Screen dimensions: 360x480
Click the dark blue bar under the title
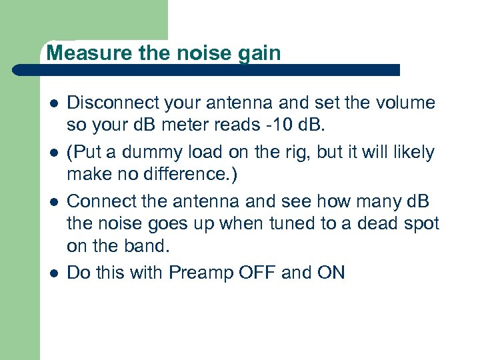220,70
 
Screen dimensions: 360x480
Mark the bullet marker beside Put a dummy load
51,153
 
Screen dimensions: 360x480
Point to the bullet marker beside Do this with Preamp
51,273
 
